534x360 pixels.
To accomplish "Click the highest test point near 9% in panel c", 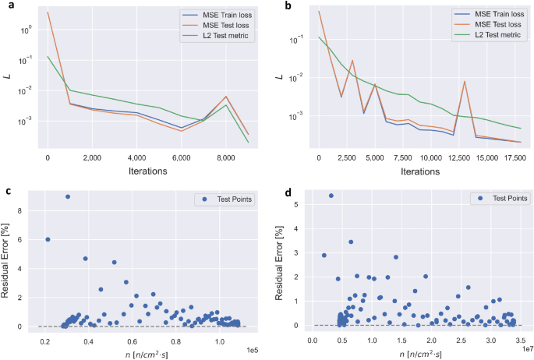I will coord(68,196).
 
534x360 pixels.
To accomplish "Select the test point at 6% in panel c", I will coord(48,239).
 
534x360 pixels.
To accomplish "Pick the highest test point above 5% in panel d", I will coord(331,196).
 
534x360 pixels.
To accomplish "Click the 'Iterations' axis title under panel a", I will coord(136,170).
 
